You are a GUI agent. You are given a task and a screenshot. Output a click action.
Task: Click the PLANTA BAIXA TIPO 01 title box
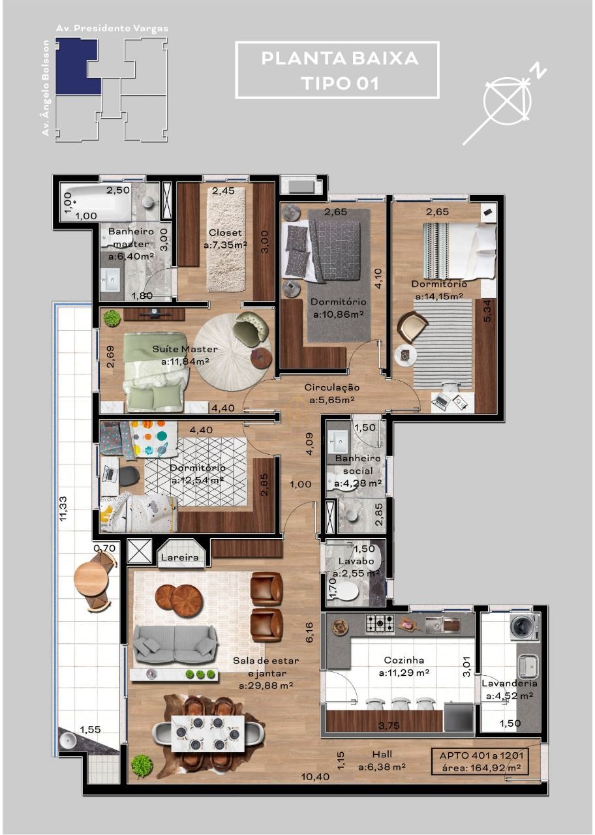(x=337, y=70)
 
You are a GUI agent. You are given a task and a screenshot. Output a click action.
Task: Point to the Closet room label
(x=225, y=233)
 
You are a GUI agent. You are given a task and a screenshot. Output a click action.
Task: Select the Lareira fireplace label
(x=181, y=557)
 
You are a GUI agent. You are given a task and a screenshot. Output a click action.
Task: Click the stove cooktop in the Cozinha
(x=379, y=624)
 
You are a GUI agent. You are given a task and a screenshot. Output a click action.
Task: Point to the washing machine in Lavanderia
(x=525, y=627)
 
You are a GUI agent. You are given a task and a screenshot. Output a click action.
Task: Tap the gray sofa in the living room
(x=174, y=645)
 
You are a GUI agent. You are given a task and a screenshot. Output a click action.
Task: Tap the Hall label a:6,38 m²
(x=382, y=761)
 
